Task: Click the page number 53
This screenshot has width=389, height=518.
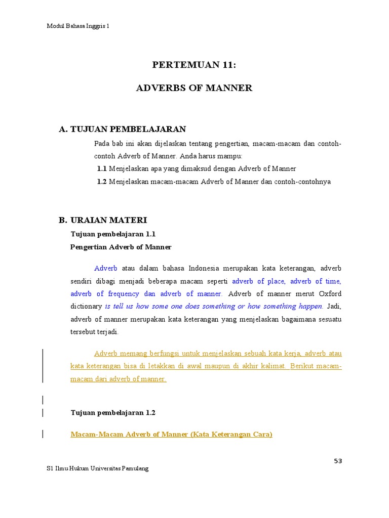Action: click(x=338, y=460)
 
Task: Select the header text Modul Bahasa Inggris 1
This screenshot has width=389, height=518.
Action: click(x=77, y=26)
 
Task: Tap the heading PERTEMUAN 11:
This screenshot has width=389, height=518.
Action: click(x=194, y=65)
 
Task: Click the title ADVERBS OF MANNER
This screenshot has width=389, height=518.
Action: click(x=194, y=88)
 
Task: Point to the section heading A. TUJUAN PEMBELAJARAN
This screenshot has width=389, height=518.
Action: click(x=123, y=129)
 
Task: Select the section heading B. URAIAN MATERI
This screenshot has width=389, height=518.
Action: click(x=103, y=220)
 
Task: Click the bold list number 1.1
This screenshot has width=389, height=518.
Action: click(x=102, y=168)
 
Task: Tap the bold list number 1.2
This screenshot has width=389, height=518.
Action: click(x=102, y=181)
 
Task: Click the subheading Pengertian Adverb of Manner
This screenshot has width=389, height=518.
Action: click(x=121, y=247)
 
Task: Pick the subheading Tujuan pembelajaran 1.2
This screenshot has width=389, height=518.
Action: click(x=113, y=412)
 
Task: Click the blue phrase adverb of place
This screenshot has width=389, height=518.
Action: click(x=258, y=281)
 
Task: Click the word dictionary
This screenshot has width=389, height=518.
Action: click(x=86, y=307)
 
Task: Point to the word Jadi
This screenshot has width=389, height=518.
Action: click(x=334, y=307)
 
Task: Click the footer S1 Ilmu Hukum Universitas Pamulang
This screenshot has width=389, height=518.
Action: click(x=98, y=469)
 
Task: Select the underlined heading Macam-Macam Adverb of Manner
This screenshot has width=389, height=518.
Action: click(x=171, y=435)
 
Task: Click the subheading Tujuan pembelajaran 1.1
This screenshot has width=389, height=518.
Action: click(x=113, y=234)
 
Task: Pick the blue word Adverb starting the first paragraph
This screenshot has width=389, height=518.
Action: click(x=106, y=268)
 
